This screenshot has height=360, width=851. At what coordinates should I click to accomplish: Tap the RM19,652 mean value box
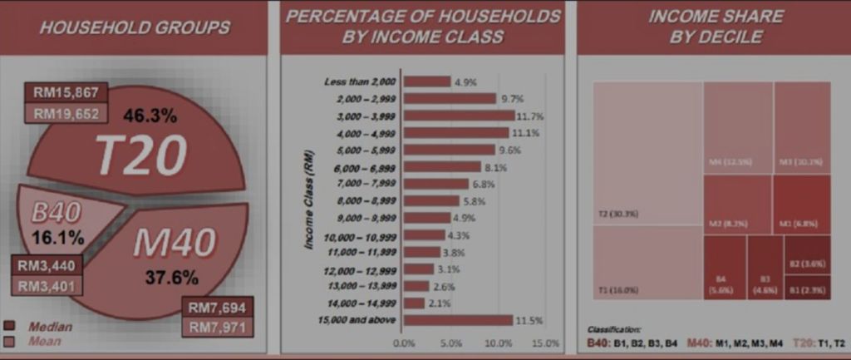[x=62, y=114]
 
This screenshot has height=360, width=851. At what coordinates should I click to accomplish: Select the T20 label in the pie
[x=140, y=155]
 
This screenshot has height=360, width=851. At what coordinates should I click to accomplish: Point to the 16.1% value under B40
[x=58, y=239]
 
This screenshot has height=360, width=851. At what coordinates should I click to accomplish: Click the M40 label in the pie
[x=174, y=243]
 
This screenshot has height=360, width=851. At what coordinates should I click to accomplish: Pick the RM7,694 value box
[x=216, y=307]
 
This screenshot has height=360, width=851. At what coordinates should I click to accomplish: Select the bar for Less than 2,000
[x=427, y=81]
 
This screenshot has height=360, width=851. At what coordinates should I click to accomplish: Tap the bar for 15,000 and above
[x=458, y=320]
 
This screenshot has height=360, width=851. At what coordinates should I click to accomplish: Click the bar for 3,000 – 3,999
[x=459, y=116]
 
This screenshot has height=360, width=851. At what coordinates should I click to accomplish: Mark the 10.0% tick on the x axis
[x=498, y=343]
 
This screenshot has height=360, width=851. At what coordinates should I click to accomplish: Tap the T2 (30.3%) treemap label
[x=617, y=215]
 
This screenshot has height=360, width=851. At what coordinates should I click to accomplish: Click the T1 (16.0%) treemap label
[x=617, y=290]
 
